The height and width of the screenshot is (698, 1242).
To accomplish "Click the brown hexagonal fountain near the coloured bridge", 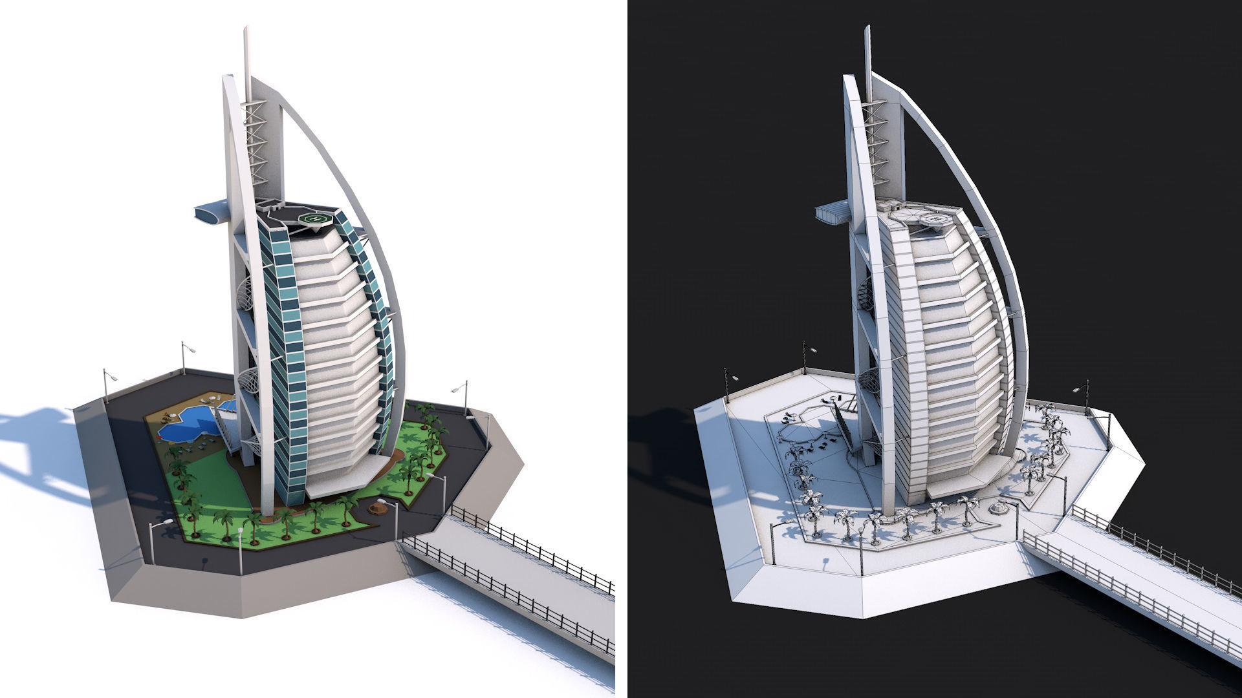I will [x=377, y=509].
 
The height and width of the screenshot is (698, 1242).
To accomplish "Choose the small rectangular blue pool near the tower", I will [x=228, y=405].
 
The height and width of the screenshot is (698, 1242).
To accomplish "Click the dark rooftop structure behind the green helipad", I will [x=272, y=207].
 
